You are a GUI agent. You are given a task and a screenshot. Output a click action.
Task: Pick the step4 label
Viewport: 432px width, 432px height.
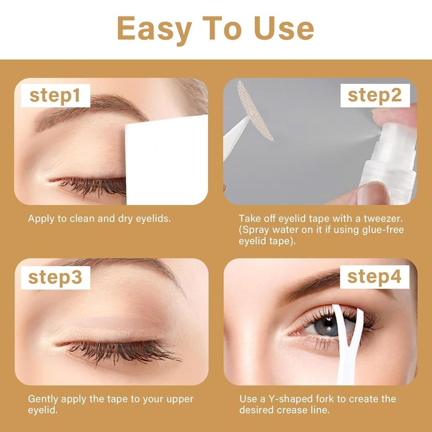(375, 277)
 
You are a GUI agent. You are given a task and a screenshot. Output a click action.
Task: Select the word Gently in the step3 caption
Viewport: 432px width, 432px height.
(43, 399)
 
